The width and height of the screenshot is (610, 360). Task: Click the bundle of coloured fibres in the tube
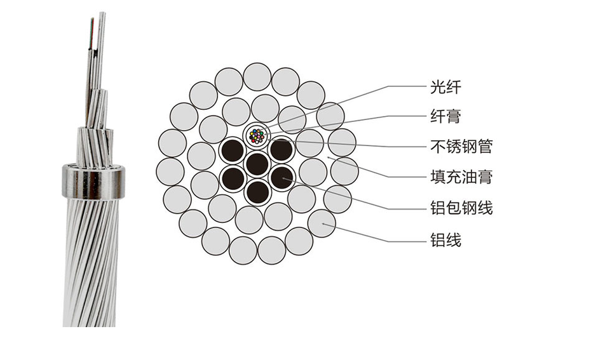257,135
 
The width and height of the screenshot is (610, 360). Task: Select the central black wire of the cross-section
257,164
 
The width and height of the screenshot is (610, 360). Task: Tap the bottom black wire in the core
257,191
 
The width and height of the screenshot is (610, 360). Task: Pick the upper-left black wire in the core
233,150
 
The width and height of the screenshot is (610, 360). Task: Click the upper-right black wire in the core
281,150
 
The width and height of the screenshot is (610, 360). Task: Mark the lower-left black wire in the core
233,178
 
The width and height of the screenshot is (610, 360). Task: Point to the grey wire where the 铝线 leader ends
322,223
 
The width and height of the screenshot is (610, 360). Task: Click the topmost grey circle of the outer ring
257,76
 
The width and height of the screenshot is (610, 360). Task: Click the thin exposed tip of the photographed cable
101,25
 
